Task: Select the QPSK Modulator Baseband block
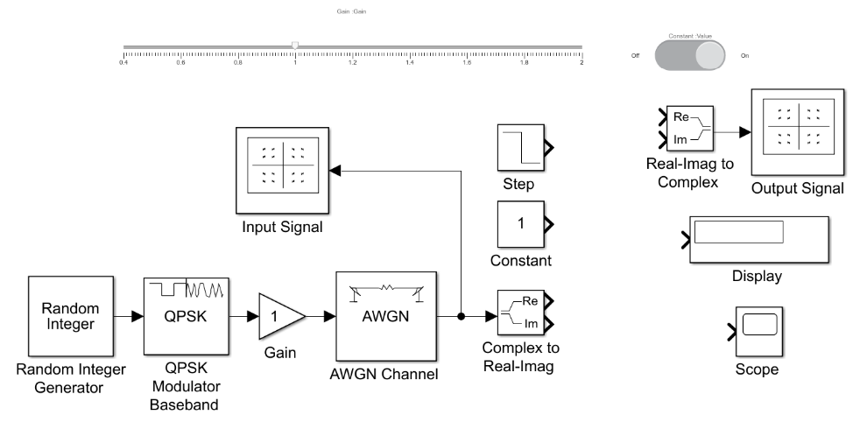click(x=186, y=317)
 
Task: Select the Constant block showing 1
click(x=521, y=224)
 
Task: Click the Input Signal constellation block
click(x=281, y=169)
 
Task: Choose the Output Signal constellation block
click(x=797, y=131)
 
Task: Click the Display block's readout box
click(x=737, y=233)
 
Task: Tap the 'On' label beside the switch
click(x=744, y=55)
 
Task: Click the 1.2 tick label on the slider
click(x=353, y=63)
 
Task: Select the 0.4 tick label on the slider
click(x=124, y=63)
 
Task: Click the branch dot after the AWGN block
click(x=462, y=317)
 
